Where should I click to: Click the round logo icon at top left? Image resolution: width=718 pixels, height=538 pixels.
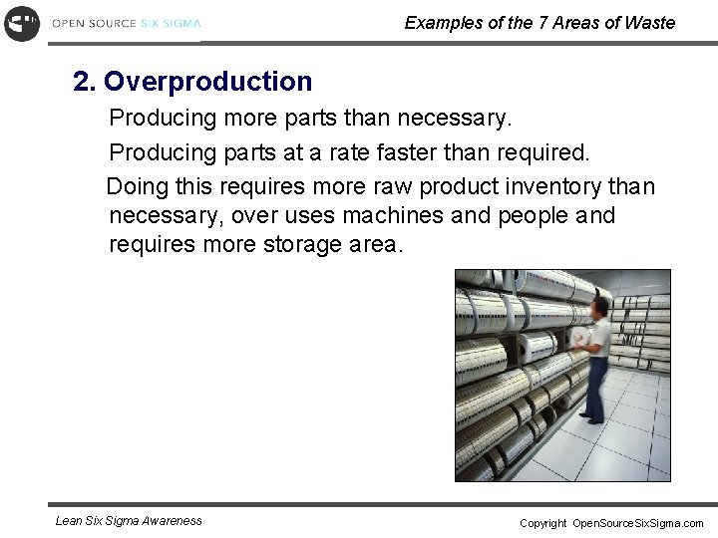pyautogui.click(x=22, y=23)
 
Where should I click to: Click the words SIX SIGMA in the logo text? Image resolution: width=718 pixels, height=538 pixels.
pyautogui.click(x=170, y=23)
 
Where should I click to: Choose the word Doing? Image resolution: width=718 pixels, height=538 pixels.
pyautogui.click(x=136, y=186)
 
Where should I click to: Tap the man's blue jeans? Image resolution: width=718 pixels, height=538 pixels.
pyautogui.click(x=595, y=389)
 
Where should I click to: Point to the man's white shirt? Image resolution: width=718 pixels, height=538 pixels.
pyautogui.click(x=598, y=339)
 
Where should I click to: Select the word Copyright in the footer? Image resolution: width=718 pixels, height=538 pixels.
pyautogui.click(x=542, y=523)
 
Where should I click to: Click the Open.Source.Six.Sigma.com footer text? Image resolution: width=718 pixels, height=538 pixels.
pyautogui.click(x=637, y=523)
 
